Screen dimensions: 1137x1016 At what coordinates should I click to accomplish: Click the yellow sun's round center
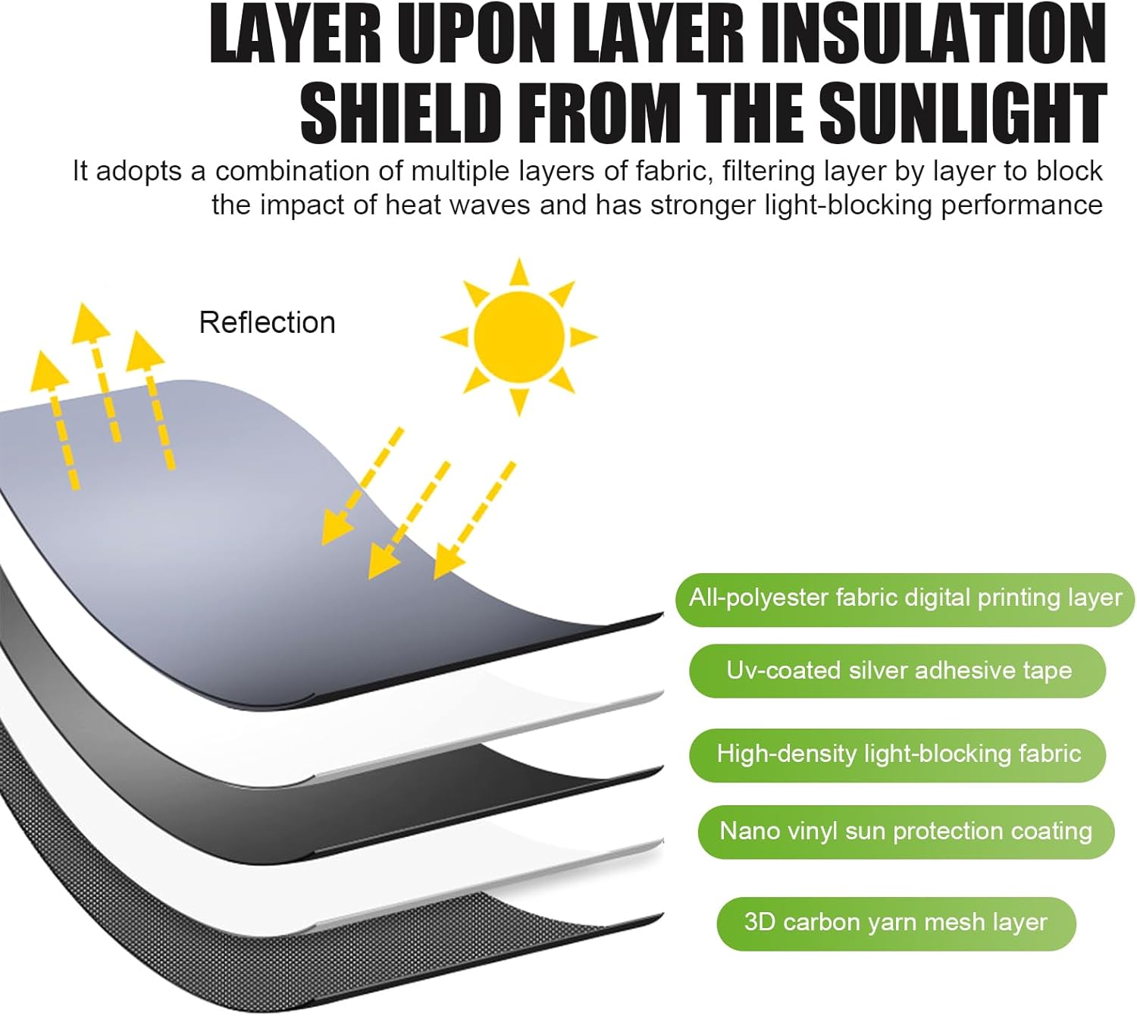tap(519, 336)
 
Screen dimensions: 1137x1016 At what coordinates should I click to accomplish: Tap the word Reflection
tap(267, 323)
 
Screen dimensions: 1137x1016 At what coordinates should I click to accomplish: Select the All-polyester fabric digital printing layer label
tap(905, 598)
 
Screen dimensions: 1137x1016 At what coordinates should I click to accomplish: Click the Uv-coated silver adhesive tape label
tap(898, 670)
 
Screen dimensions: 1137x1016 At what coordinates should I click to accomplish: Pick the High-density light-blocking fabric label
tap(898, 754)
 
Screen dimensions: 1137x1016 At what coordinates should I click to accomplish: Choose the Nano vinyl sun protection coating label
tap(906, 831)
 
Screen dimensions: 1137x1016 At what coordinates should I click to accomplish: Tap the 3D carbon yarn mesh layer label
tap(895, 923)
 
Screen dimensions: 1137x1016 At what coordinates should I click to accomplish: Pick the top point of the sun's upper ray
tap(519, 262)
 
